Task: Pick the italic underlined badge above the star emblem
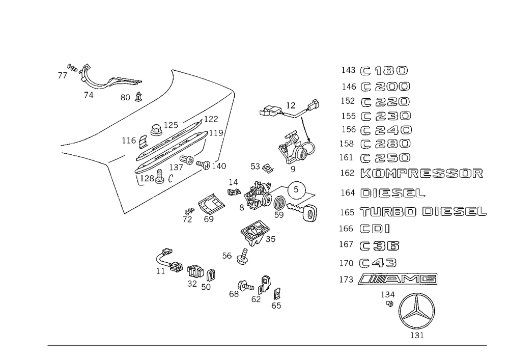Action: [397, 279]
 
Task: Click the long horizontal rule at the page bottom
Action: [267, 345]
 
